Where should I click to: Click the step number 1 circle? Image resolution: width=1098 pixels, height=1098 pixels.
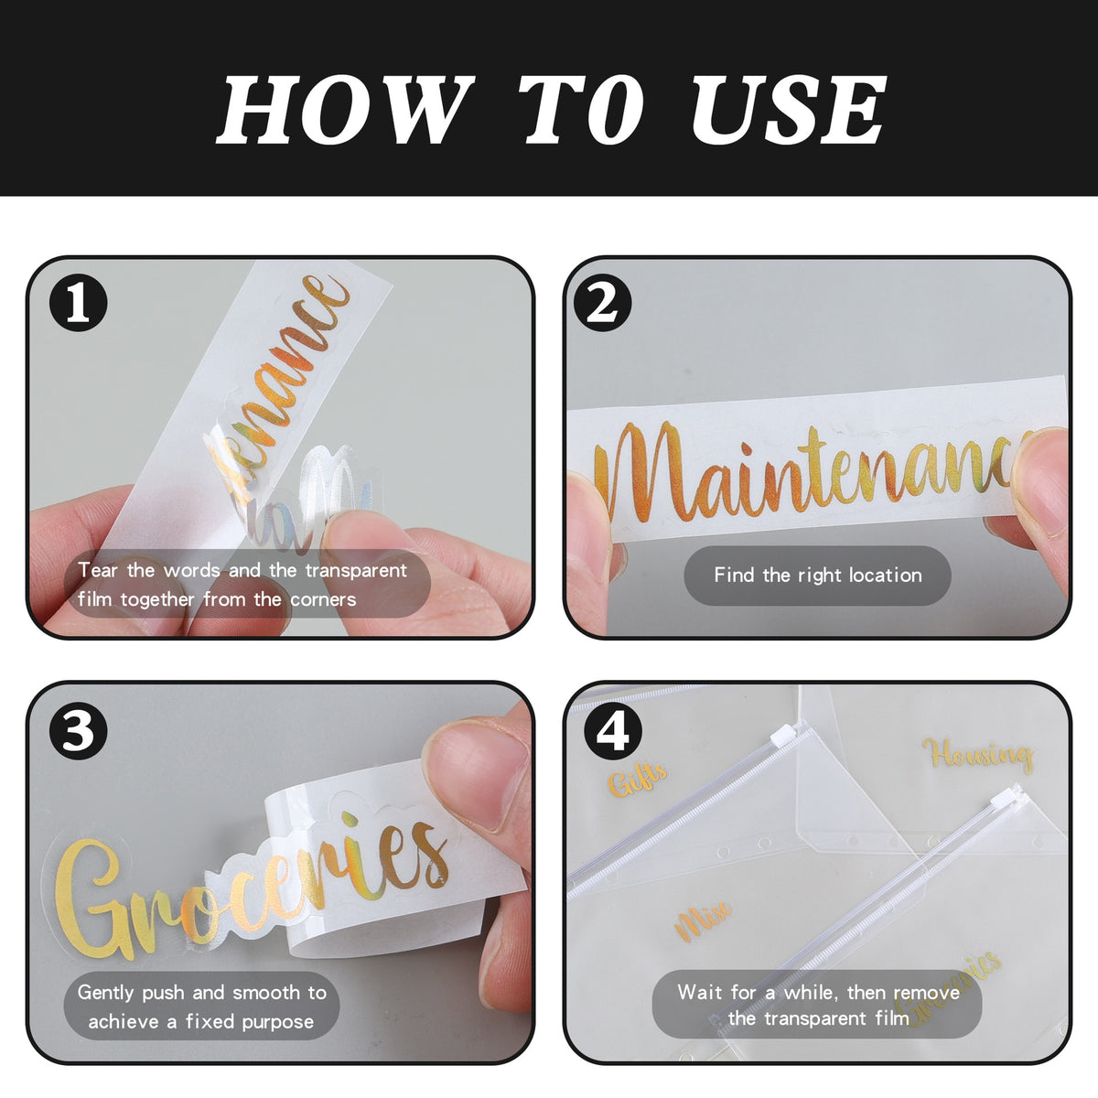(x=78, y=303)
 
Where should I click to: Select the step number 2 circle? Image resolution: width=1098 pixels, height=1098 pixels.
(x=601, y=303)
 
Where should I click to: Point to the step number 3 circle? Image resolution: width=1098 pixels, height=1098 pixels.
(x=78, y=731)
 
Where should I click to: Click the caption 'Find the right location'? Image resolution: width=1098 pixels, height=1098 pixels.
(x=817, y=576)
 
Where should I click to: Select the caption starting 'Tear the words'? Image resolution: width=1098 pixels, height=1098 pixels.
(x=242, y=585)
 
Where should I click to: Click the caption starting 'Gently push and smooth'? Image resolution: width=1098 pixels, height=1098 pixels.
(x=201, y=1006)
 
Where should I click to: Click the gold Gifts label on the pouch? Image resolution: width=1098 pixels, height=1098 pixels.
(x=638, y=778)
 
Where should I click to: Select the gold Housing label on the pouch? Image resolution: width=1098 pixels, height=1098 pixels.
(x=977, y=755)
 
